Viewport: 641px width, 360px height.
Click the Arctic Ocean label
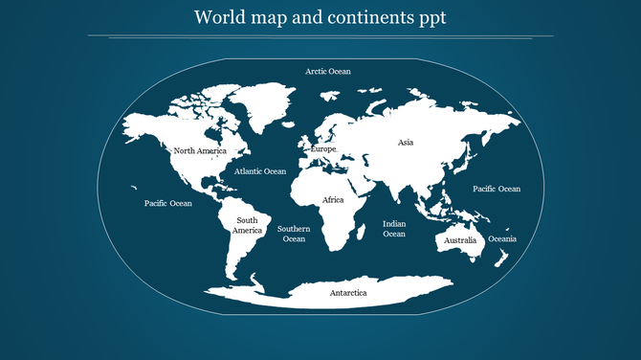point(328,72)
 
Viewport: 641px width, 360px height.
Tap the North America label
point(199,151)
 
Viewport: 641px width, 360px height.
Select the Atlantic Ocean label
point(260,171)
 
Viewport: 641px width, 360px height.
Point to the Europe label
point(323,150)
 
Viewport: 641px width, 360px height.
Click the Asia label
point(406,143)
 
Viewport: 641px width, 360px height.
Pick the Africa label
point(333,200)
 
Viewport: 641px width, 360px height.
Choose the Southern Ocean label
point(294,234)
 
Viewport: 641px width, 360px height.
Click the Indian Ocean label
point(394,228)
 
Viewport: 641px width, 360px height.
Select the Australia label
point(460,240)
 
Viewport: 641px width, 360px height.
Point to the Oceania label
point(502,238)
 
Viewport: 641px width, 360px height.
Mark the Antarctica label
point(348,292)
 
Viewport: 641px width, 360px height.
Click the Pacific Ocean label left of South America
point(168,203)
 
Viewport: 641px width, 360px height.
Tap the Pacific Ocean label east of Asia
point(497,189)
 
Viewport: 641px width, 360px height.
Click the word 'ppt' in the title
point(431,18)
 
